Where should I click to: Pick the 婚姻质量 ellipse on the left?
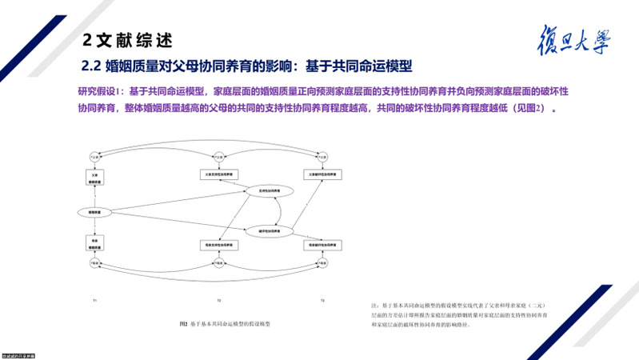[94, 211]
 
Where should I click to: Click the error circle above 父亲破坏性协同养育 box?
[322, 155]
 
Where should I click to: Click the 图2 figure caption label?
[184, 324]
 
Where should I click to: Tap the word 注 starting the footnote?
[373, 306]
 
